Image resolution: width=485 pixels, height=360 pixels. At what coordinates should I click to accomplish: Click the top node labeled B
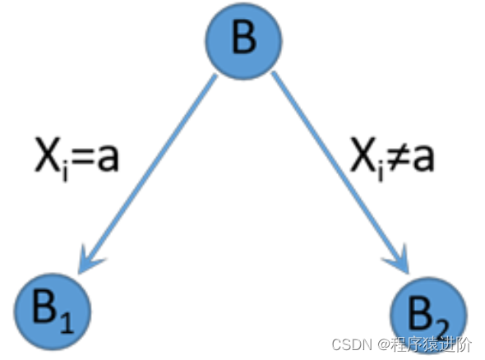pos(244,41)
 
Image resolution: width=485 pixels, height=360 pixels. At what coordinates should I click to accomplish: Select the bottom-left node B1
pos(53,312)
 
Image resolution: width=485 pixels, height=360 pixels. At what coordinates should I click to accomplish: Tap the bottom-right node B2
pos(428,316)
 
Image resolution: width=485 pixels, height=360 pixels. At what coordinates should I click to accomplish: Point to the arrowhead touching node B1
pos(90,260)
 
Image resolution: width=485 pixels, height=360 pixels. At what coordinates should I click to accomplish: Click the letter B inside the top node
pos(244,38)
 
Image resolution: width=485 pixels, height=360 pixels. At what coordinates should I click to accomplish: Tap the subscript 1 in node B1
pos(67,322)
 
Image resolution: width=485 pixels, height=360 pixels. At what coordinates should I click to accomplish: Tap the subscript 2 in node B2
pos(441,329)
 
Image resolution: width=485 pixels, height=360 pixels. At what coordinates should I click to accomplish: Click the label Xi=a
pos(76,158)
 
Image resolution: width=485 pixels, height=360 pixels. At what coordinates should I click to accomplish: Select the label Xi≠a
pos(392,158)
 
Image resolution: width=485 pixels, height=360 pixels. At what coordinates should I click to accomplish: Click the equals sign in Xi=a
pos(81,159)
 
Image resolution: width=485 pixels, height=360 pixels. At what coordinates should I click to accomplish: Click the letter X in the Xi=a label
pos(48,155)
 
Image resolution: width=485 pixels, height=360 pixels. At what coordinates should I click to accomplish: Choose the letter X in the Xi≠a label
pos(363,155)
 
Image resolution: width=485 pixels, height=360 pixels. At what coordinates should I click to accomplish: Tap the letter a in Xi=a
pos(108,159)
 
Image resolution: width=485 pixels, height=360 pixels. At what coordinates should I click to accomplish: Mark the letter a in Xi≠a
pos(423,159)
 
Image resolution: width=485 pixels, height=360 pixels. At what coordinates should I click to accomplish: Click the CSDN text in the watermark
pos(352,344)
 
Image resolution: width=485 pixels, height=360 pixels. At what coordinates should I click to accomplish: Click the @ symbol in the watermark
pos(383,344)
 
